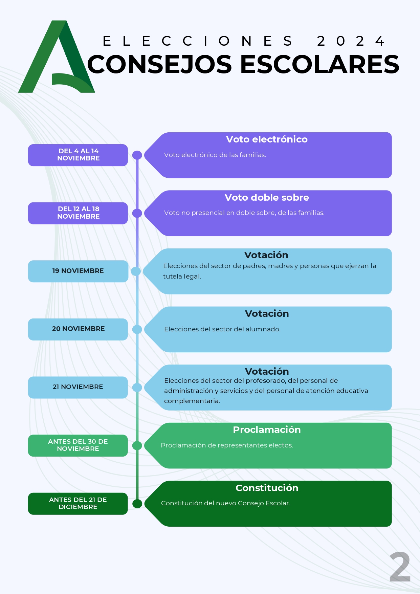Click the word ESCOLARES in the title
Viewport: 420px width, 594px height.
(x=320, y=64)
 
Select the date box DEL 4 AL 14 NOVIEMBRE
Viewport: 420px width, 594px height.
(x=78, y=155)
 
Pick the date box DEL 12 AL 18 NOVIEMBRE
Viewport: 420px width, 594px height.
(x=78, y=213)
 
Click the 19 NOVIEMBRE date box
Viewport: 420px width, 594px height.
(x=78, y=271)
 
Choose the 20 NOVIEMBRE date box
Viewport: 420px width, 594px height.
(x=78, y=329)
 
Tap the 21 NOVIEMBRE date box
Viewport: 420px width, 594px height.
(x=78, y=387)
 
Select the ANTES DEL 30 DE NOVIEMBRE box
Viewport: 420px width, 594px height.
(x=78, y=445)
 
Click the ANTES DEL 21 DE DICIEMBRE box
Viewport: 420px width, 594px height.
(x=78, y=504)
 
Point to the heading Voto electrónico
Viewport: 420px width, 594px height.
(x=267, y=139)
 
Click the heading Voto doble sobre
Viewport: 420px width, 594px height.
(x=267, y=198)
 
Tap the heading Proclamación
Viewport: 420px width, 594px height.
(x=267, y=430)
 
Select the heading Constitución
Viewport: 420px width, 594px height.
(x=267, y=488)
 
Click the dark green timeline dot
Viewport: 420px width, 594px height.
(x=137, y=504)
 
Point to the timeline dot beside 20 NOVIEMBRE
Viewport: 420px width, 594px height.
(x=137, y=329)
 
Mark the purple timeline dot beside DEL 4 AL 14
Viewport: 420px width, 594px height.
(x=137, y=155)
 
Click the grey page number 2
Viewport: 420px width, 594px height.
(x=400, y=567)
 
